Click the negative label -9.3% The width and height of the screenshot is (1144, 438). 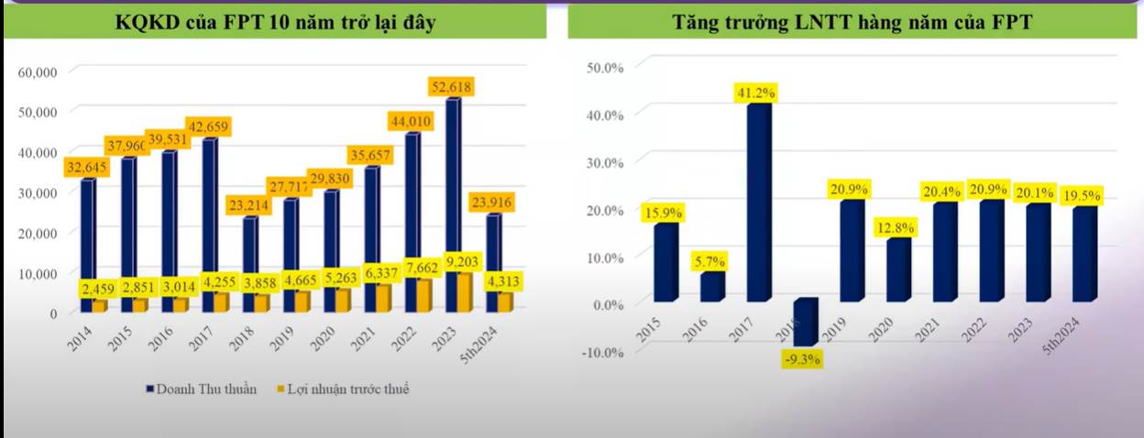coord(802,360)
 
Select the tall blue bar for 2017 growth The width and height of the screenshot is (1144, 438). coord(757,202)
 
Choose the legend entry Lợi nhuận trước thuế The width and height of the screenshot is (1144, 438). coord(340,389)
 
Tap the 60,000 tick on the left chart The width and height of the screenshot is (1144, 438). coord(38,71)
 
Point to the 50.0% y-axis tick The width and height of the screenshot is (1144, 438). coord(604,68)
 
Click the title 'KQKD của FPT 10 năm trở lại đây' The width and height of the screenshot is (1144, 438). coord(274,24)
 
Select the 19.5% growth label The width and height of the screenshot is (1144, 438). coord(1083,196)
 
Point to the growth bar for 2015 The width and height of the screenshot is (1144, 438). coord(665,262)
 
